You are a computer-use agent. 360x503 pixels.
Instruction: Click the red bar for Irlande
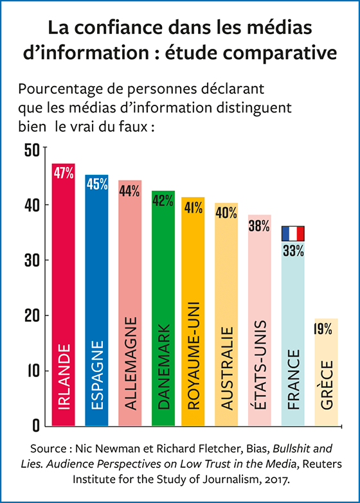63,296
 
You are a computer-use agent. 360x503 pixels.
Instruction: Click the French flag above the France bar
292,233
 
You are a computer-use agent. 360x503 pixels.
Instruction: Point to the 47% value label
64,173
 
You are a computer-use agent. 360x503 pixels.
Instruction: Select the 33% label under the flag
293,251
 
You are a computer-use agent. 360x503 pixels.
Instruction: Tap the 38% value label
260,226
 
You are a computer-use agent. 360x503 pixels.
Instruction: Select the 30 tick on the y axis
33,260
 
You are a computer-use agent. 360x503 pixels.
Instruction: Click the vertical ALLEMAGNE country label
130,363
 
